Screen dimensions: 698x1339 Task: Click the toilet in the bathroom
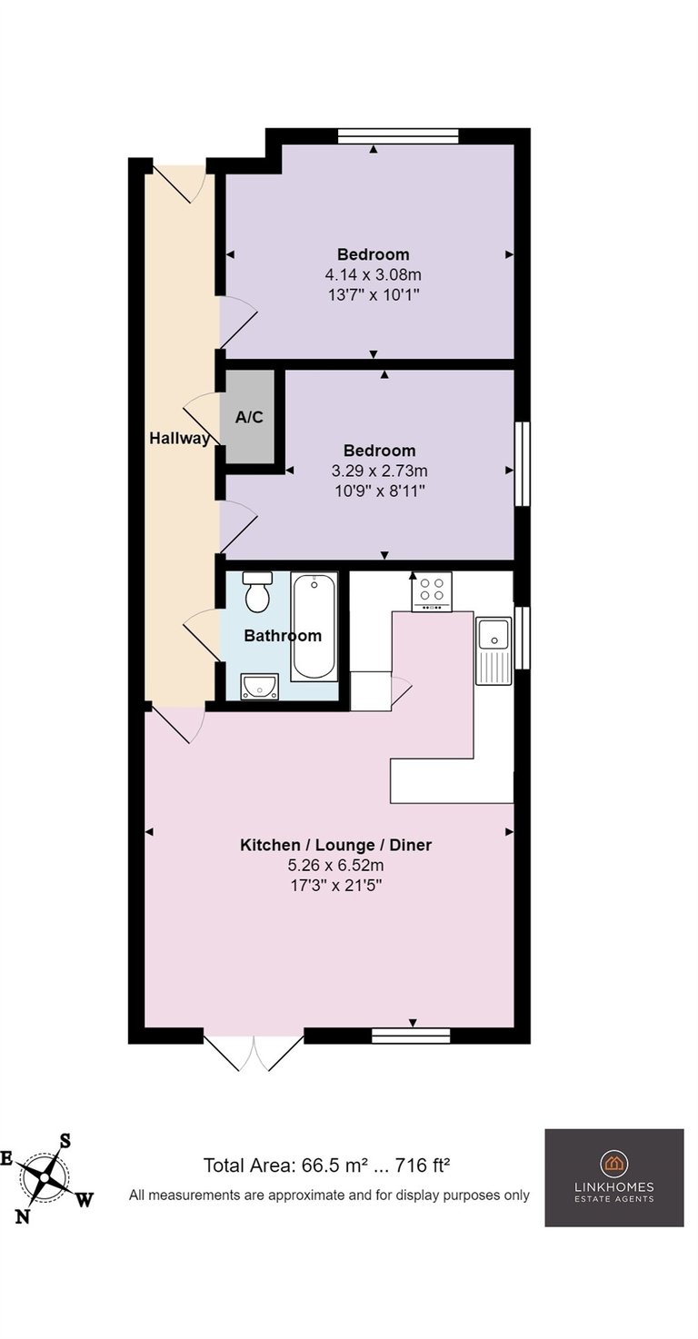[257, 591]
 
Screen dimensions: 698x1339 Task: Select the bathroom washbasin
[260, 686]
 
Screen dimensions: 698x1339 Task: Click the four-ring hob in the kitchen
[431, 591]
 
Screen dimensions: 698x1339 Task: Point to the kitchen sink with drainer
[494, 651]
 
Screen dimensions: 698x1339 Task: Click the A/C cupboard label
[249, 417]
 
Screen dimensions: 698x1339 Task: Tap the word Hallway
[179, 438]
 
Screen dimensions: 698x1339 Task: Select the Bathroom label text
[283, 635]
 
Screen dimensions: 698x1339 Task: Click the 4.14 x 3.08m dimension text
[373, 275]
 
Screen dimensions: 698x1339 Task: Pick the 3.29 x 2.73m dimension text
[379, 471]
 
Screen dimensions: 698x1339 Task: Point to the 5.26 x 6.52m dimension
[335, 865]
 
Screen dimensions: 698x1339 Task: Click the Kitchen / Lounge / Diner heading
[335, 845]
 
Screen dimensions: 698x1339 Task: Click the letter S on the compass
[65, 1141]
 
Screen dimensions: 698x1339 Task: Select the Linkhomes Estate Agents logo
[613, 1177]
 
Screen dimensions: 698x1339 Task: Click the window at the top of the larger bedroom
[398, 136]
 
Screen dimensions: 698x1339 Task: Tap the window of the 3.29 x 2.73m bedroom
[523, 464]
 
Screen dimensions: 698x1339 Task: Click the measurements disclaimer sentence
[329, 1195]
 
